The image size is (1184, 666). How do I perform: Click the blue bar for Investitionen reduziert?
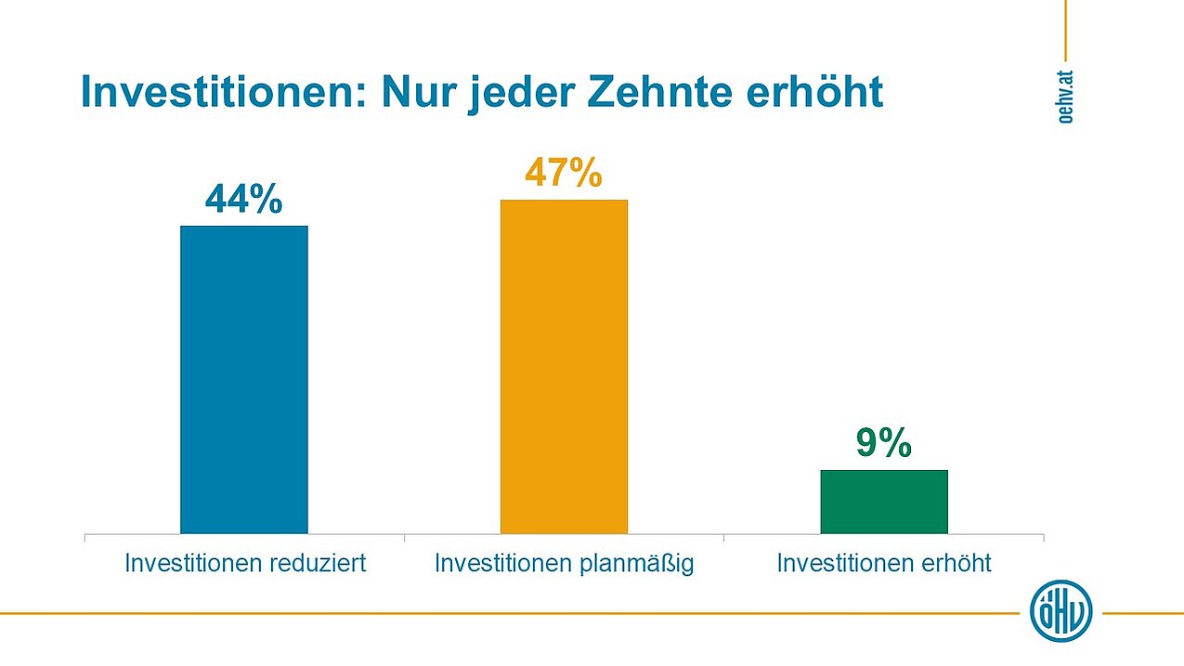click(x=243, y=379)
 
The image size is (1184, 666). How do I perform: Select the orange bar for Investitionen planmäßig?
click(x=564, y=366)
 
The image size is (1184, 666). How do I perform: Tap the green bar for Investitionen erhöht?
click(x=884, y=502)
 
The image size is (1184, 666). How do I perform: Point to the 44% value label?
click(x=243, y=200)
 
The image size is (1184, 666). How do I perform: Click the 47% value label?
click(x=564, y=174)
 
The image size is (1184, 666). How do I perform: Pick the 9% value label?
click(x=883, y=444)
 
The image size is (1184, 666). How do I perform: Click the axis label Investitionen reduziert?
click(x=246, y=563)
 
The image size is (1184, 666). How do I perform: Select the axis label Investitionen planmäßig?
click(x=565, y=563)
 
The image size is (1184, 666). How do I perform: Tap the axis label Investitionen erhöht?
click(x=884, y=563)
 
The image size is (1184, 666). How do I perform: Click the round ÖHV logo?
click(x=1061, y=611)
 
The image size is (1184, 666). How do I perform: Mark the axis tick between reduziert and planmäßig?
click(x=404, y=537)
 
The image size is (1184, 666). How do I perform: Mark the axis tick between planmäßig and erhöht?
click(x=723, y=537)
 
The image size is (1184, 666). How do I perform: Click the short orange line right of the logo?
click(x=1142, y=613)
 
